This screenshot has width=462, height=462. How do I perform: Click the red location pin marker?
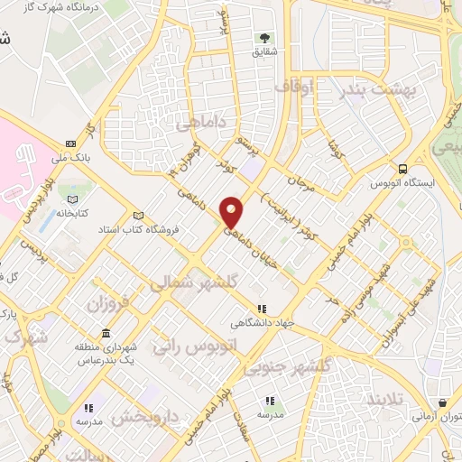[x=233, y=211]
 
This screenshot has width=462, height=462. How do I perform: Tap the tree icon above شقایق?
[x=265, y=37]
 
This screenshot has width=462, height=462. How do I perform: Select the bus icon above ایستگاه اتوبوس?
[x=402, y=168]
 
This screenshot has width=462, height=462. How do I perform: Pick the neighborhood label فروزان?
[x=109, y=303]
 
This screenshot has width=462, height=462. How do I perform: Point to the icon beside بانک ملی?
[x=71, y=143]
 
